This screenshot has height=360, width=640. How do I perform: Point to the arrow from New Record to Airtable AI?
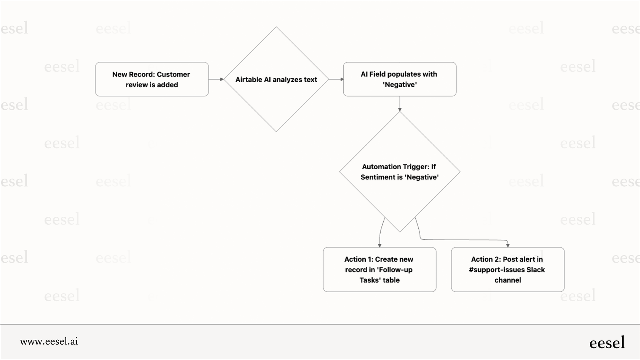click(216, 79)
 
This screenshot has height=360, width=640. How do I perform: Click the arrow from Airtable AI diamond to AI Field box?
click(336, 79)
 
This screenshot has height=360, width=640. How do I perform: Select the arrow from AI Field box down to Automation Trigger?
click(400, 104)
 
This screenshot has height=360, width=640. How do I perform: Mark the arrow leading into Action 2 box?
click(465, 240)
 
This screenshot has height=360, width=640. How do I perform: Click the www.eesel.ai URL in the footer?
click(49, 341)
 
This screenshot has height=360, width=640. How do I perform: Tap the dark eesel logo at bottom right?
click(607, 342)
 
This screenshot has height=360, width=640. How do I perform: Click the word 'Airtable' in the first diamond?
click(249, 80)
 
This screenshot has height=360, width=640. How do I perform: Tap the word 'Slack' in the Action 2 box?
click(536, 270)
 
